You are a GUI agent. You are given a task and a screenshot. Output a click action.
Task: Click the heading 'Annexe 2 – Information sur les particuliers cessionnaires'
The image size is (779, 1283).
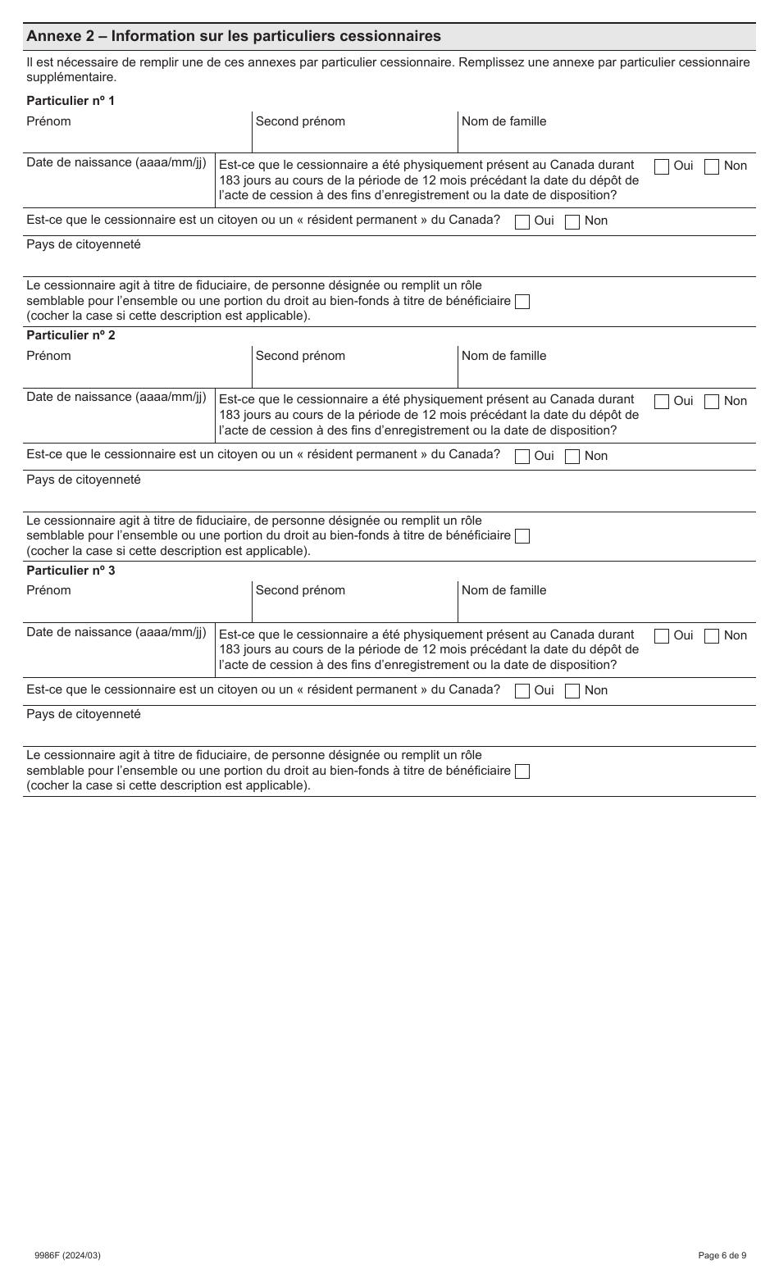[x=234, y=36]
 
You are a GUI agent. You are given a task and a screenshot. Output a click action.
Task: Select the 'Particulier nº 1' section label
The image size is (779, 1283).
[x=71, y=100]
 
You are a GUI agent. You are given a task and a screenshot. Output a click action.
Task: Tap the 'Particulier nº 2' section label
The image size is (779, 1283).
[x=71, y=335]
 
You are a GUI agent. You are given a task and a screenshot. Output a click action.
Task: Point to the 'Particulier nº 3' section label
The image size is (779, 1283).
[x=71, y=570]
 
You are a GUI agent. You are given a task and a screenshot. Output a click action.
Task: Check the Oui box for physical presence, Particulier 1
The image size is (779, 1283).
[x=662, y=166]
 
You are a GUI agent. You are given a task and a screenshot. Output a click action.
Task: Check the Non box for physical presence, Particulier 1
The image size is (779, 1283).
[x=712, y=166]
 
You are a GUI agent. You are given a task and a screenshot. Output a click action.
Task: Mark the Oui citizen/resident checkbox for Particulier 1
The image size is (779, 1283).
[x=522, y=221]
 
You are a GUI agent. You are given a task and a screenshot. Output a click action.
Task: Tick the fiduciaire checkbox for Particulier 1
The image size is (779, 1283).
[x=522, y=302]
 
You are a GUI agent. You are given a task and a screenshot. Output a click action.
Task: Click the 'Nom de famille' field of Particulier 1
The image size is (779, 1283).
[x=606, y=138]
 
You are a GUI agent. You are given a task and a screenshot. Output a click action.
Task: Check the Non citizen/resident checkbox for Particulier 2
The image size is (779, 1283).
[x=572, y=457]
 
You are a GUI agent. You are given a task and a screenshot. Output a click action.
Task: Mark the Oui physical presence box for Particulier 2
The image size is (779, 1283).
[x=662, y=402]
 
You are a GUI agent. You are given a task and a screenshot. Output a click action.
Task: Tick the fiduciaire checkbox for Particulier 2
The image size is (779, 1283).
[x=522, y=536]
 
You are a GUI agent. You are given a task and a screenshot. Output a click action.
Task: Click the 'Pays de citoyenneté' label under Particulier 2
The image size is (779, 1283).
[x=84, y=480]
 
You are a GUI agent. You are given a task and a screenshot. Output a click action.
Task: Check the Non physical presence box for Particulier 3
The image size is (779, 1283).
[x=712, y=636]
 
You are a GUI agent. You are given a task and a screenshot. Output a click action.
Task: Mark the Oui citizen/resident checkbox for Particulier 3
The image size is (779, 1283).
[x=522, y=691]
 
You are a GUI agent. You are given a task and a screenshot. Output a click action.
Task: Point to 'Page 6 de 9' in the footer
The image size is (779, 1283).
[x=722, y=1255]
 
